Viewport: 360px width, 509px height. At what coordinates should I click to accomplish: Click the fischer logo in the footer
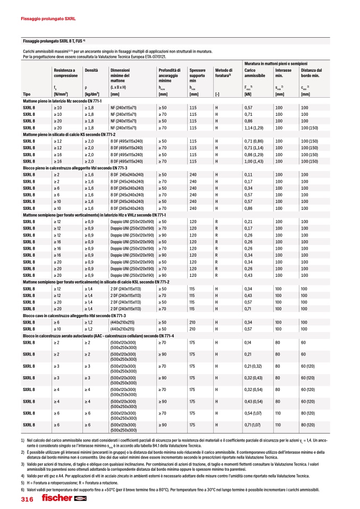56,498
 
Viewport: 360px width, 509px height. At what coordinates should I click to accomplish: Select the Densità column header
91,70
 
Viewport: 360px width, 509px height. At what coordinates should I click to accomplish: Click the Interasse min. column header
283,73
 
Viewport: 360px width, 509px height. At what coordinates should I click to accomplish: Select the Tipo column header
27,94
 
